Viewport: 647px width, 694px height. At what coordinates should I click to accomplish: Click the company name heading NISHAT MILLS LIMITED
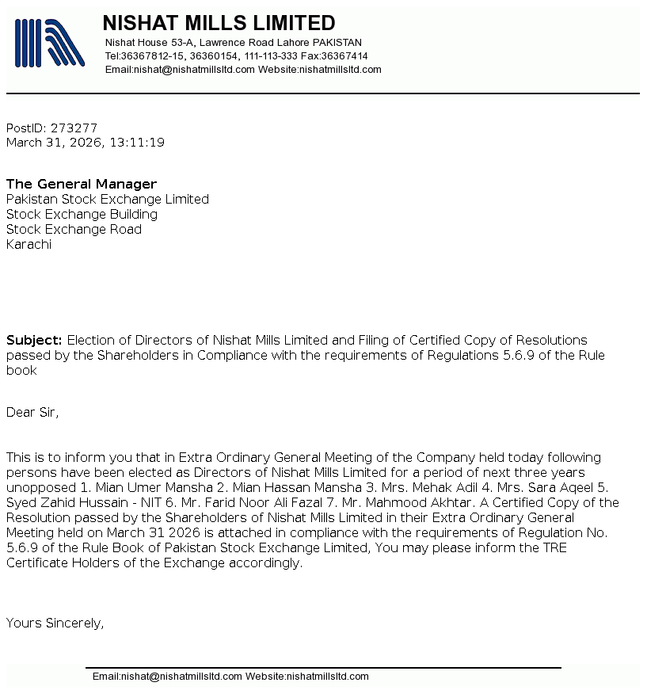(x=219, y=23)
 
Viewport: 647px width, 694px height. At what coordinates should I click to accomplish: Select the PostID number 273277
(x=74, y=128)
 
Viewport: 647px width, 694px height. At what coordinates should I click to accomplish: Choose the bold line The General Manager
(x=82, y=184)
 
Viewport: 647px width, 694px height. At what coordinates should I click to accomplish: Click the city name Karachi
(x=29, y=244)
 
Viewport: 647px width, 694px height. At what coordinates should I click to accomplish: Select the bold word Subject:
(x=34, y=340)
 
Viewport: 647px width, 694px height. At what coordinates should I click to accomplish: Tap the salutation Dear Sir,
(x=32, y=411)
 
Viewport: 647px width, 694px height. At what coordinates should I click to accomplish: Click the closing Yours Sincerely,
(x=55, y=623)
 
